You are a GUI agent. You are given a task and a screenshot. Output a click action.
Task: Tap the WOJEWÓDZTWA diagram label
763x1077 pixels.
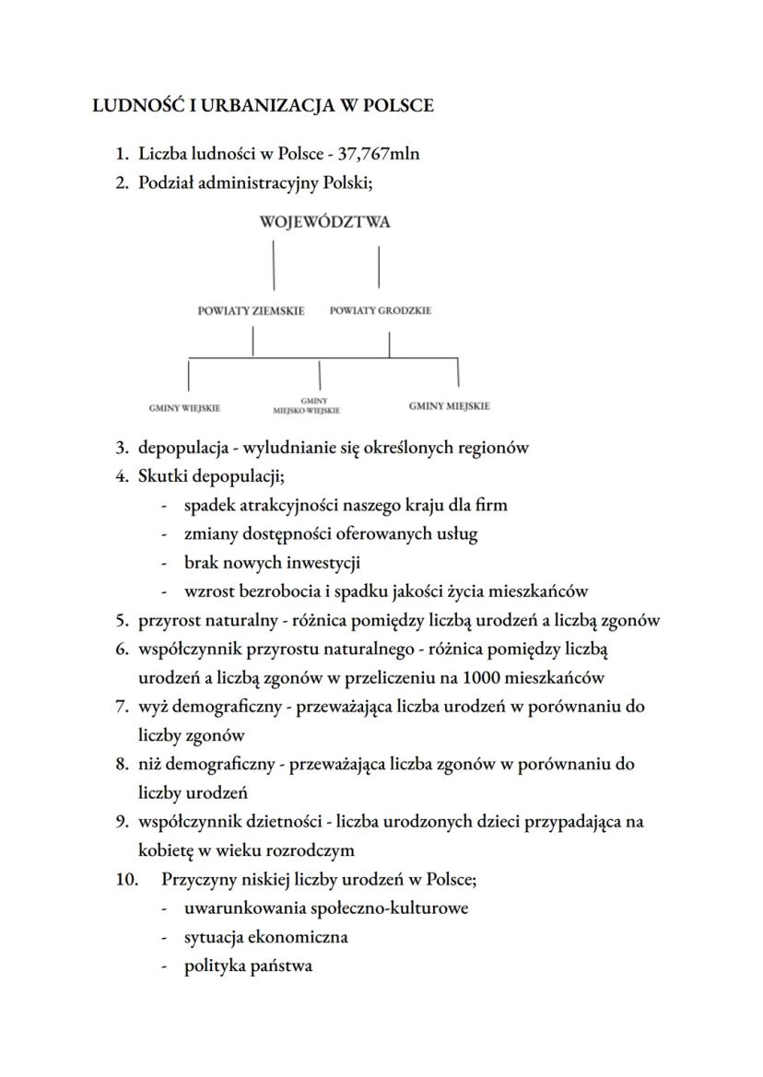pyautogui.click(x=325, y=222)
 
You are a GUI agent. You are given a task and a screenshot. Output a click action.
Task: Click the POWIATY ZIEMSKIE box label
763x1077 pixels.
pyautogui.click(x=251, y=311)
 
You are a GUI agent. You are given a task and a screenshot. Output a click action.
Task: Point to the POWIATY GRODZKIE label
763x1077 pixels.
pyautogui.click(x=381, y=311)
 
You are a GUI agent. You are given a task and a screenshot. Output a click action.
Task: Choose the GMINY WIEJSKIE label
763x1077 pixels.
pyautogui.click(x=184, y=407)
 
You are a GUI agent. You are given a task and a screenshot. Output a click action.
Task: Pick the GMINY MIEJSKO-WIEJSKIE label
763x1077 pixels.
pyautogui.click(x=307, y=406)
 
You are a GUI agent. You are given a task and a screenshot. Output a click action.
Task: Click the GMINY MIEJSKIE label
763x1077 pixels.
pyautogui.click(x=449, y=406)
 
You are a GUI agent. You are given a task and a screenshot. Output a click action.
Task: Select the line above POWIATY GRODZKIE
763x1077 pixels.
pyautogui.click(x=379, y=267)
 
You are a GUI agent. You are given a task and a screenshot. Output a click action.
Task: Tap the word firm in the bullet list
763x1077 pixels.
pyautogui.click(x=490, y=505)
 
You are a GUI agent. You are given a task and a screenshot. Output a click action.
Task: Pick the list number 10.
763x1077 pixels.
pyautogui.click(x=126, y=879)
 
